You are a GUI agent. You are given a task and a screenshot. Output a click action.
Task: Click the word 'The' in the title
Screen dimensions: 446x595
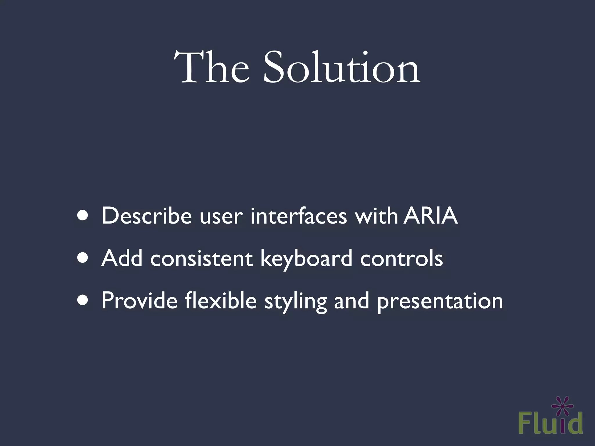[212, 68]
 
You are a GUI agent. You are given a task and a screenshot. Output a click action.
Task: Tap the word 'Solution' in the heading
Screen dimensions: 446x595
[341, 68]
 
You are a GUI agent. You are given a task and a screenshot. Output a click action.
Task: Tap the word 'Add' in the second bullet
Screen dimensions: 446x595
[122, 258]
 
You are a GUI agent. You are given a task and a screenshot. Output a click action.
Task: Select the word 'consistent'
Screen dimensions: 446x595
[201, 259]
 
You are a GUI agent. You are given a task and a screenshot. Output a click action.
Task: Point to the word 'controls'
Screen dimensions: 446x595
[402, 258]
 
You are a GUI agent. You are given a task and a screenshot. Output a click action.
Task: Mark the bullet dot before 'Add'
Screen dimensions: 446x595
[83, 258]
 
